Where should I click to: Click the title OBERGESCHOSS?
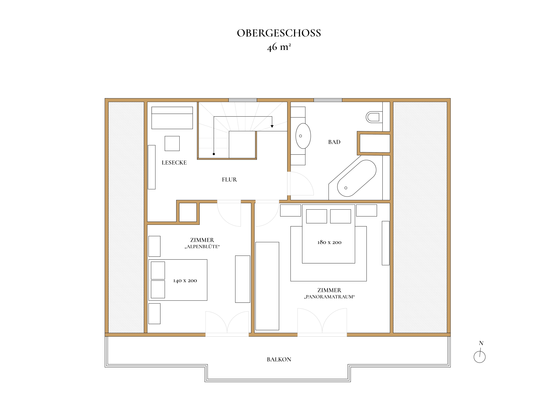pos(279,33)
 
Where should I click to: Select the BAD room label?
pos(334,142)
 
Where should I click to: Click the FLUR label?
pos(229,180)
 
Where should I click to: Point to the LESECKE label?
pos(174,163)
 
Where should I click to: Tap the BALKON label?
pos(279,359)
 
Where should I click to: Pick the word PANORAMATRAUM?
pos(329,297)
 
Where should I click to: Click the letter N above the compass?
pos(481,343)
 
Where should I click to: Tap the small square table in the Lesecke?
pos(172,143)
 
